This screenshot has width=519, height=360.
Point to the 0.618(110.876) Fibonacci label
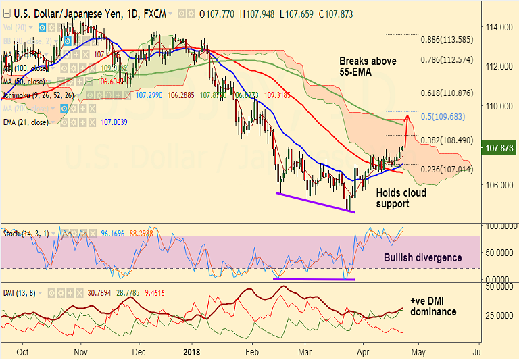(447, 93)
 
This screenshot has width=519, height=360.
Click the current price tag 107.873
(498, 147)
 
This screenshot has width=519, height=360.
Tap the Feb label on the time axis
(252, 352)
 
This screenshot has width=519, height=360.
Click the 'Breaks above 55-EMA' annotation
(368, 67)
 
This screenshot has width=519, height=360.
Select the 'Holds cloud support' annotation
(401, 198)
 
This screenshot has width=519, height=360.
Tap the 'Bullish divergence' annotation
(422, 257)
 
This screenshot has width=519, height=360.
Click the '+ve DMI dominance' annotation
(432, 307)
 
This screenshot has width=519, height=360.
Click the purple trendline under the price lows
(315, 203)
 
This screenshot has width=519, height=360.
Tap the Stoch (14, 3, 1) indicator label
(25, 232)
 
